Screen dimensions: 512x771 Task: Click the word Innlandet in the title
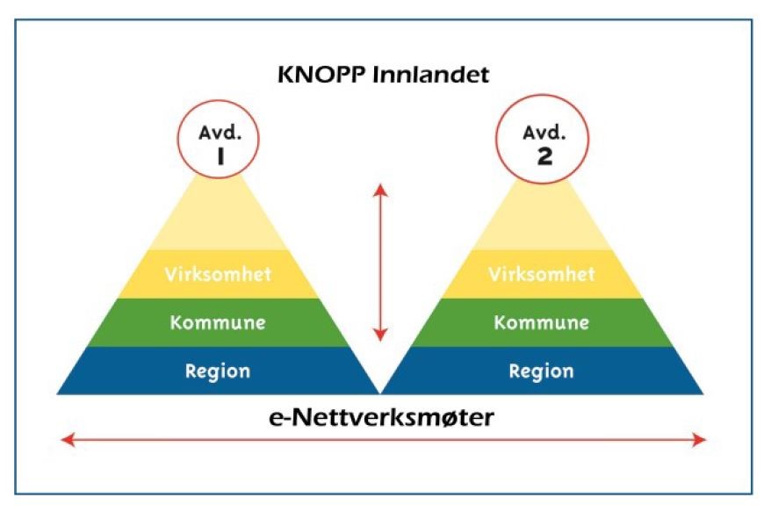(x=433, y=74)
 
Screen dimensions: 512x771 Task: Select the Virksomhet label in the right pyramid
(x=541, y=274)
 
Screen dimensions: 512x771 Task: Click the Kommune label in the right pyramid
(x=541, y=322)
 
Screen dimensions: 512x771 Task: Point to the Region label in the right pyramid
(x=541, y=371)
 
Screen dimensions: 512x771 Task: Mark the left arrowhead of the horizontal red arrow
(x=63, y=440)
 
